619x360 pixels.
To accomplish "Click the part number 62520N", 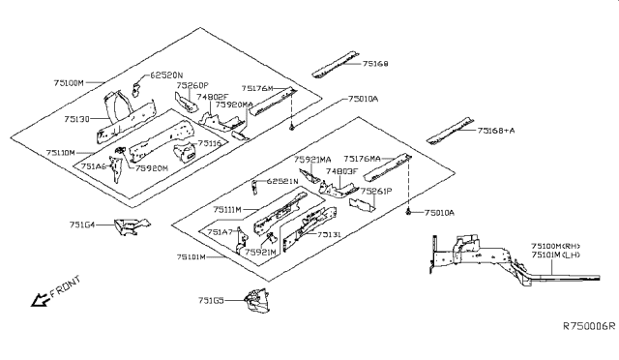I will [x=165, y=75].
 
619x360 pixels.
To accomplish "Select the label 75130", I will [x=78, y=119].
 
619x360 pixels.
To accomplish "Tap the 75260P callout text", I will [x=192, y=85].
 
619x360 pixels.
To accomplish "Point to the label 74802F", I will [x=212, y=97].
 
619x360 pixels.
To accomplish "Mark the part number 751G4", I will [x=83, y=225].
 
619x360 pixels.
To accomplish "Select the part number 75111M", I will [x=228, y=209].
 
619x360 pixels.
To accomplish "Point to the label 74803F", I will [x=341, y=171].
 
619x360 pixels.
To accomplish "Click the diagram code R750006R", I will [x=588, y=328].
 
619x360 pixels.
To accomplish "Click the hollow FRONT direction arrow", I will [x=42, y=301].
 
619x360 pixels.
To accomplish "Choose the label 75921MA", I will [x=312, y=160].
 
